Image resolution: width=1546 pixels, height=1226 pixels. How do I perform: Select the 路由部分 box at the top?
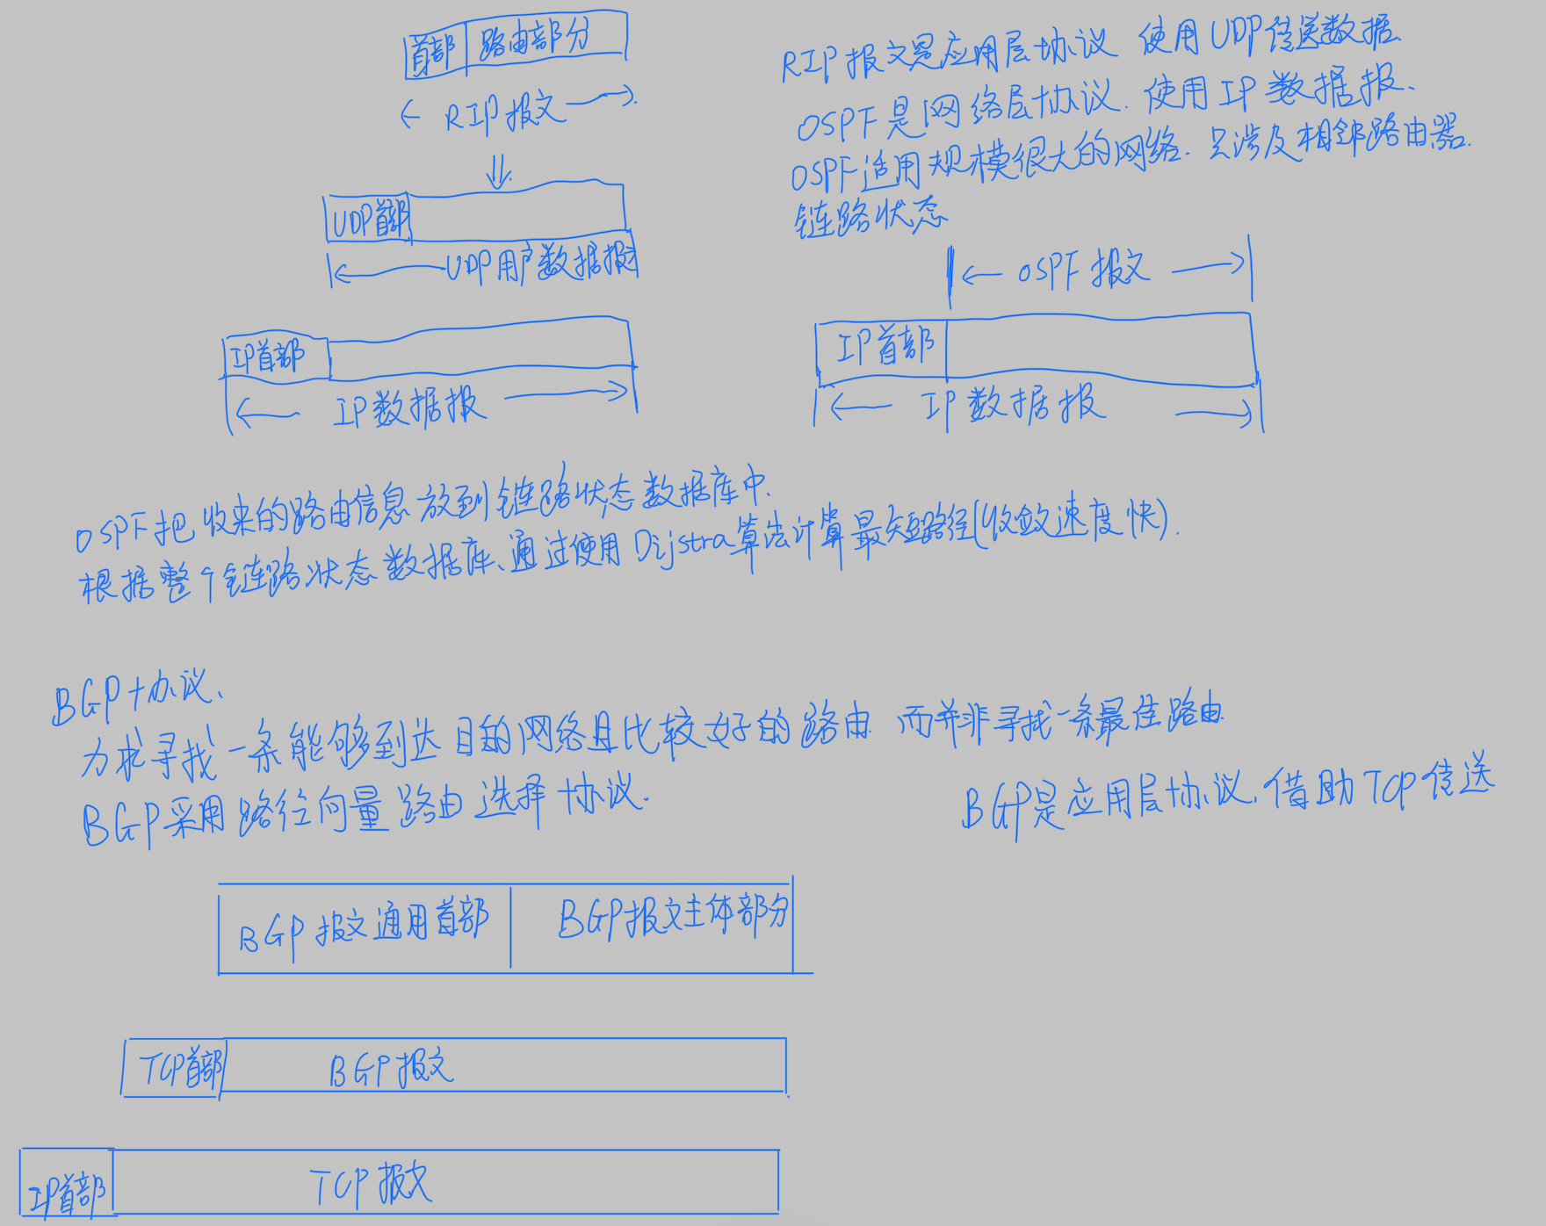coord(545,39)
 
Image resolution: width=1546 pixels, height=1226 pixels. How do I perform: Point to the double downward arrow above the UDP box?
coord(499,170)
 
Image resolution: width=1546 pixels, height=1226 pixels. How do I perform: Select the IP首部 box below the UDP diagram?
coord(276,357)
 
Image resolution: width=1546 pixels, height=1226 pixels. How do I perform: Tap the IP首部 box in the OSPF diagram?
coord(882,348)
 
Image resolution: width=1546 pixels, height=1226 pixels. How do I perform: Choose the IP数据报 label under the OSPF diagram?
coord(1010,406)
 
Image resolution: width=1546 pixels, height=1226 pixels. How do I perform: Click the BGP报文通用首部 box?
coord(364,927)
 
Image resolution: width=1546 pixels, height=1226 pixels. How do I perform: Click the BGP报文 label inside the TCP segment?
coord(392,1070)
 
